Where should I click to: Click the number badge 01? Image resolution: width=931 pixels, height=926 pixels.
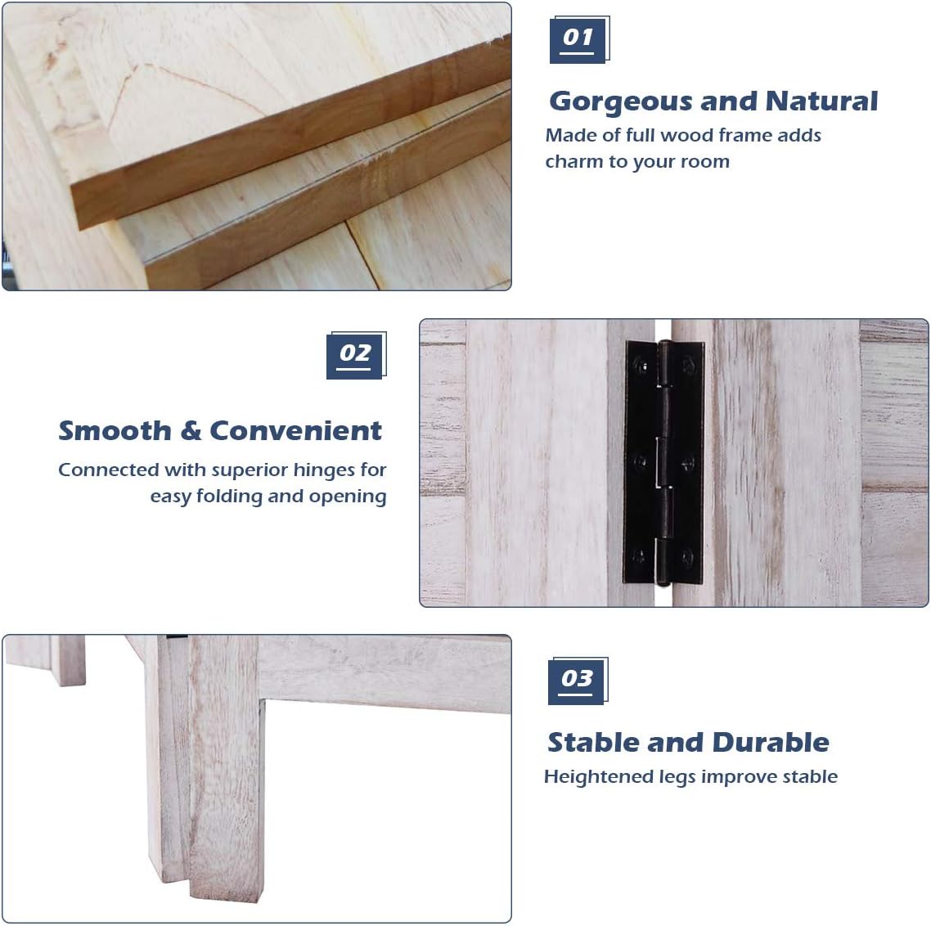[579, 40]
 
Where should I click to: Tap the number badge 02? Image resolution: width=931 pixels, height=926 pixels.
[356, 355]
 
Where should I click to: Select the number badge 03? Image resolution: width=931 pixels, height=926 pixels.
[578, 681]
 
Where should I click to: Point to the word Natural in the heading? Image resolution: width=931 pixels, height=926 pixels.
[821, 101]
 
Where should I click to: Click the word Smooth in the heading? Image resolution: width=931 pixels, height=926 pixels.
[115, 431]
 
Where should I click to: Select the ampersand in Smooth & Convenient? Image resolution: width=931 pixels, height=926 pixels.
[191, 432]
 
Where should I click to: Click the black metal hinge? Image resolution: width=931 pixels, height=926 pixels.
[663, 462]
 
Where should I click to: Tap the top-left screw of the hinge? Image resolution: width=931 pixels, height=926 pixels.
[641, 364]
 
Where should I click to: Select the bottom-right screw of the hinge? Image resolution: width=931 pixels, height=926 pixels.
[687, 557]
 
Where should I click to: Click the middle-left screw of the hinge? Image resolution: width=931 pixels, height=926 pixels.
[641, 462]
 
